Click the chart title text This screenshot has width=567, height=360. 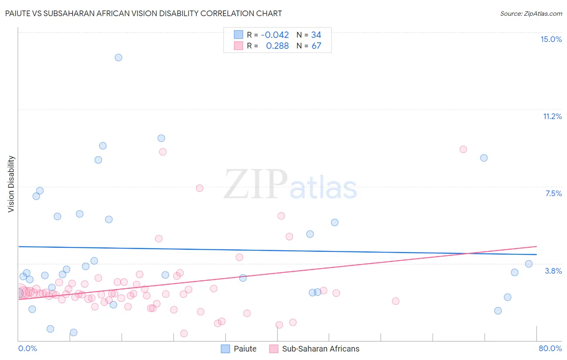(x=144, y=13)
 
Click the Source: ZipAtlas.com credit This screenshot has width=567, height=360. (x=531, y=14)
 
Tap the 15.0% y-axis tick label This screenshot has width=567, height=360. (x=551, y=39)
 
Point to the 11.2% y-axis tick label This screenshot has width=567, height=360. (x=552, y=116)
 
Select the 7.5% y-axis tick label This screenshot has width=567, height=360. (x=553, y=193)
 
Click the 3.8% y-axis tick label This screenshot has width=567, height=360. (x=553, y=271)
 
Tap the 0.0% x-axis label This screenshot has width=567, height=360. (x=27, y=348)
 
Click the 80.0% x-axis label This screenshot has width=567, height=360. (x=550, y=348)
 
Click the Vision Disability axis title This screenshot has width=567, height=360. (x=11, y=184)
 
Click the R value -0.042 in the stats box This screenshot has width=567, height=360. (x=275, y=35)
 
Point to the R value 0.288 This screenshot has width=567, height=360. (x=277, y=46)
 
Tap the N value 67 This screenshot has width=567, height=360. (x=316, y=46)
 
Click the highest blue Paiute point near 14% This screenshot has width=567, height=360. (x=118, y=57)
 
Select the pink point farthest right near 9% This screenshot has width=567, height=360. (x=463, y=149)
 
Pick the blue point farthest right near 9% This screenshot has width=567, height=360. (x=484, y=158)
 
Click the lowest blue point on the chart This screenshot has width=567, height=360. (x=73, y=333)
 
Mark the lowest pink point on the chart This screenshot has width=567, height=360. (x=184, y=333)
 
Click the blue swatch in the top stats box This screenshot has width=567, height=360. (x=238, y=35)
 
